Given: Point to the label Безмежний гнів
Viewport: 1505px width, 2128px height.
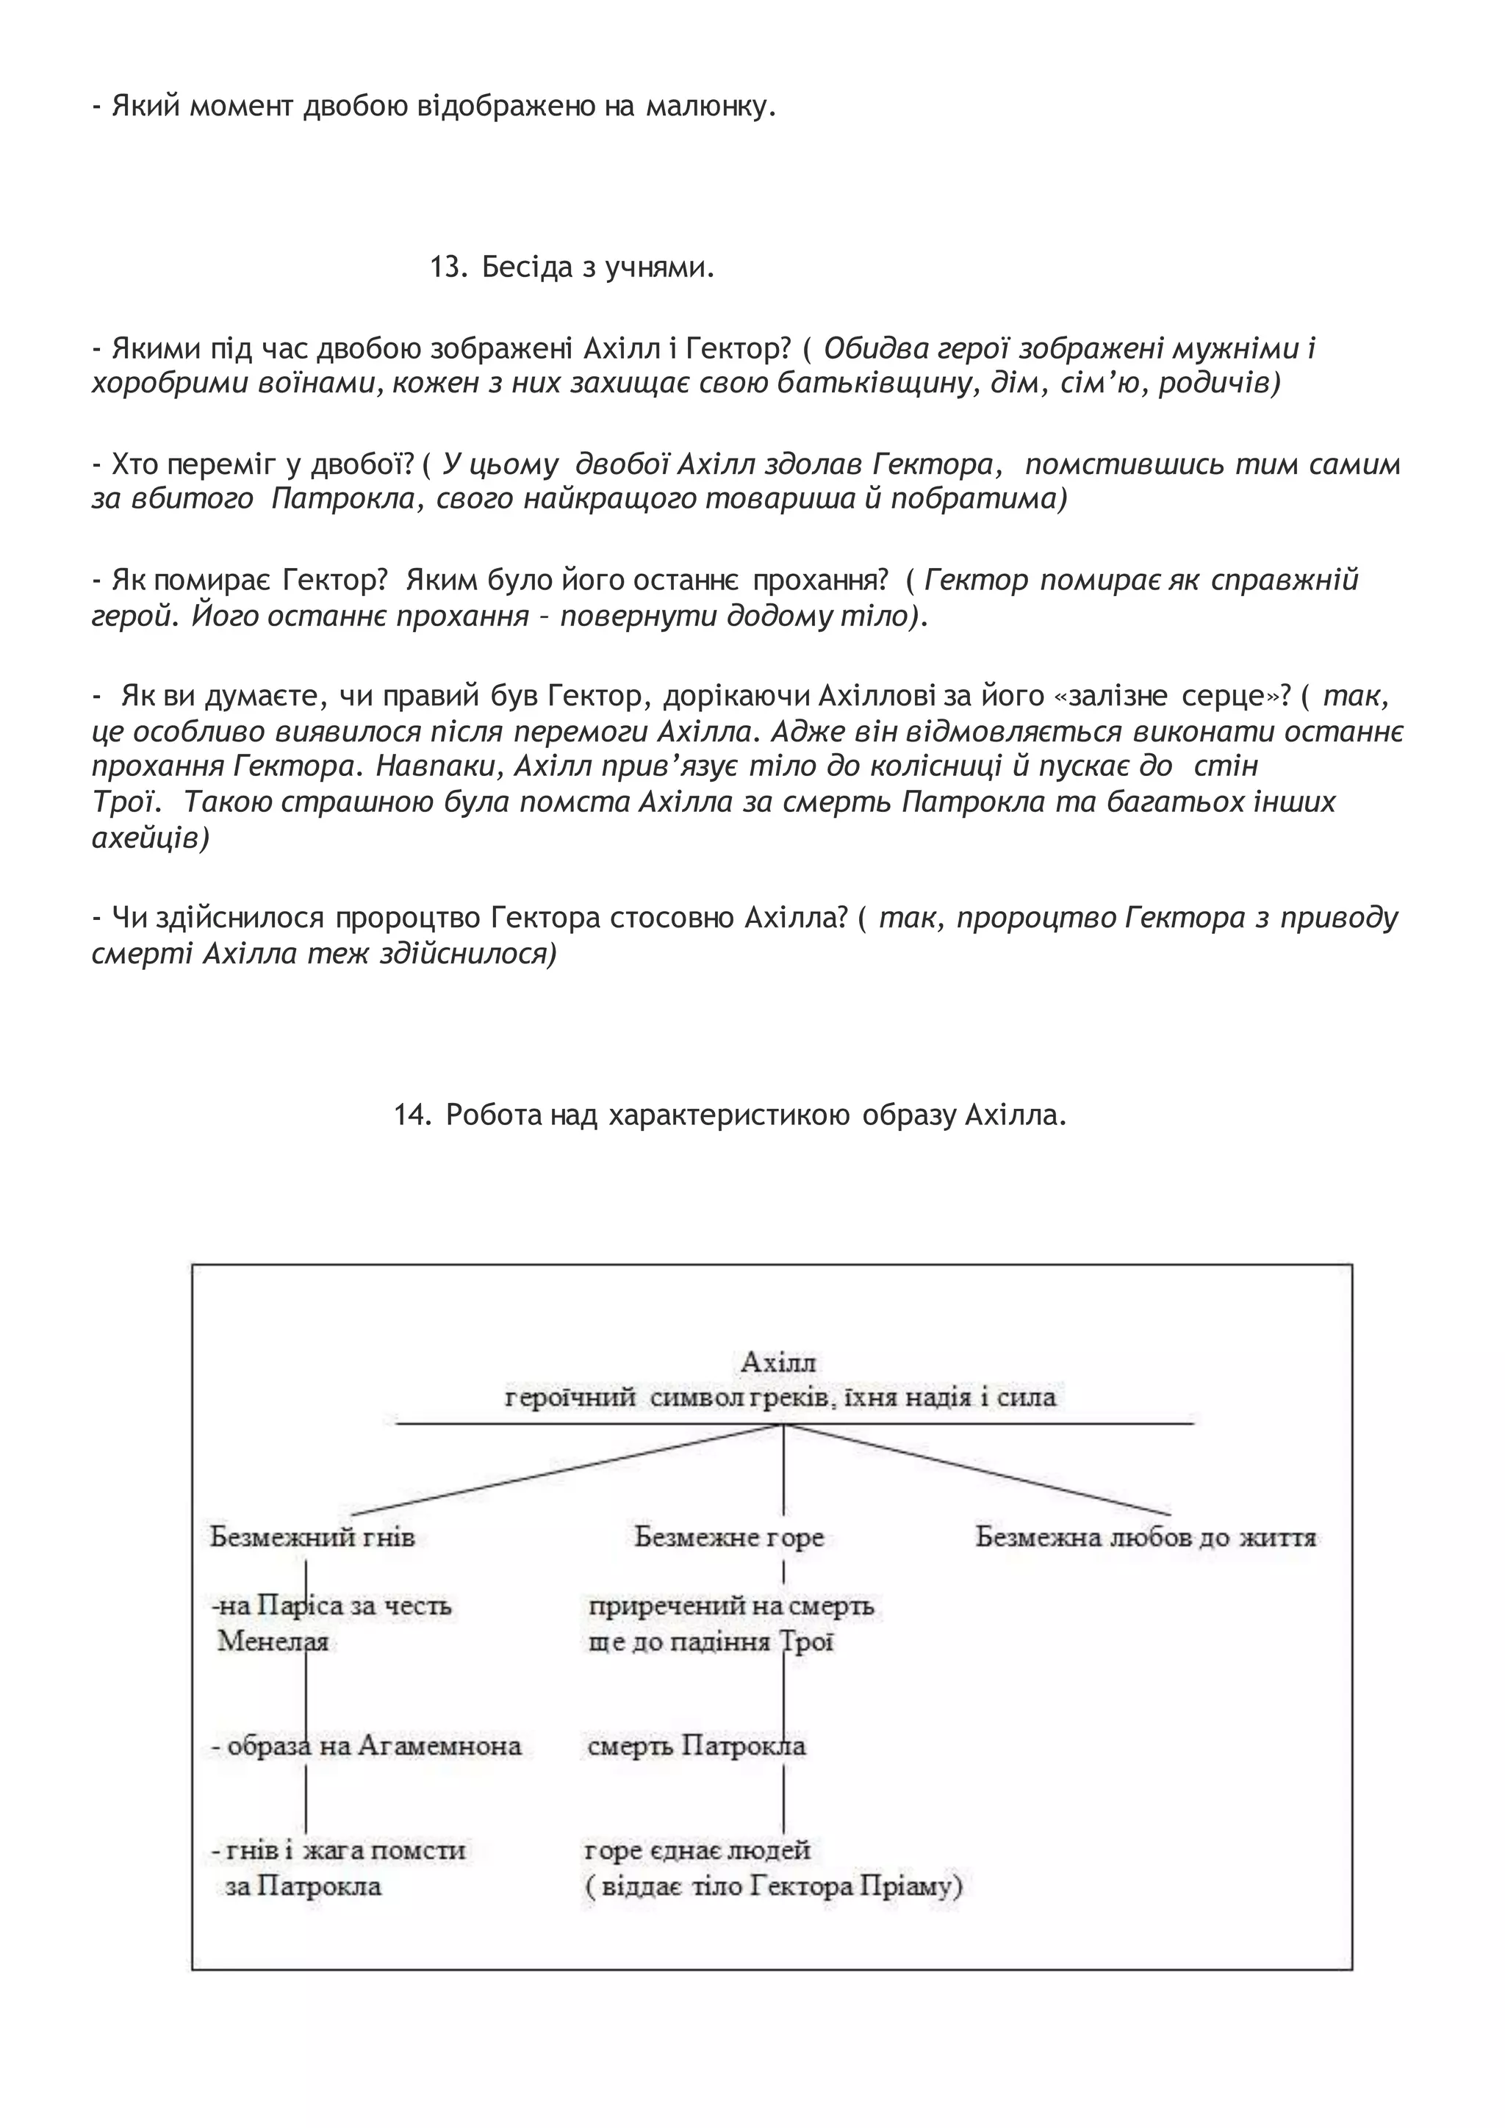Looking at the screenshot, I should (312, 1538).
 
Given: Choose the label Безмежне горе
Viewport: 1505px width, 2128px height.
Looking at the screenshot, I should (729, 1538).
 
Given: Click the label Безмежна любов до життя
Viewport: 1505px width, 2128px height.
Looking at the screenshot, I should (1146, 1538).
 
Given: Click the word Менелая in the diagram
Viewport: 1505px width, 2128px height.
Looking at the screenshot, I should (273, 1642).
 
